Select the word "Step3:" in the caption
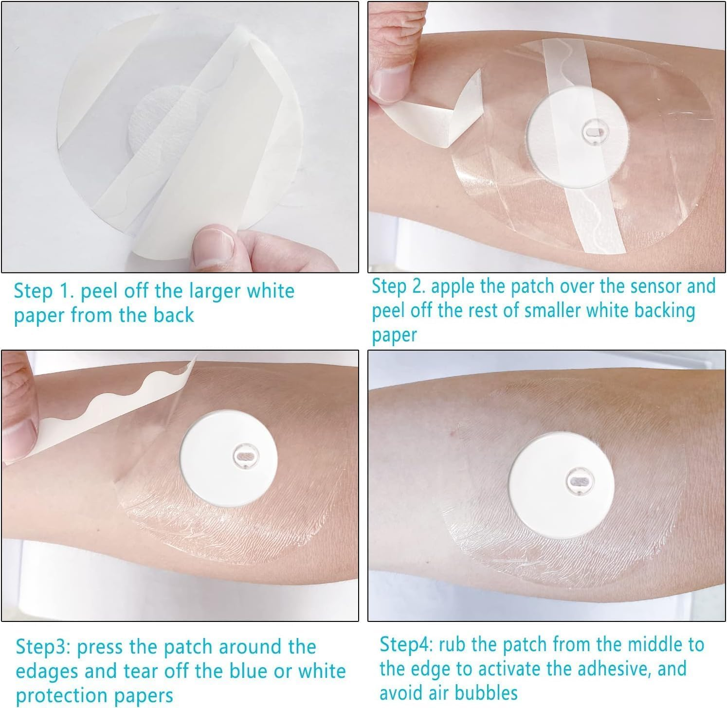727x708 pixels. (x=44, y=648)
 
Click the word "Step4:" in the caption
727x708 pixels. (x=407, y=645)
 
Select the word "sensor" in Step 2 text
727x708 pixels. (x=656, y=286)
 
